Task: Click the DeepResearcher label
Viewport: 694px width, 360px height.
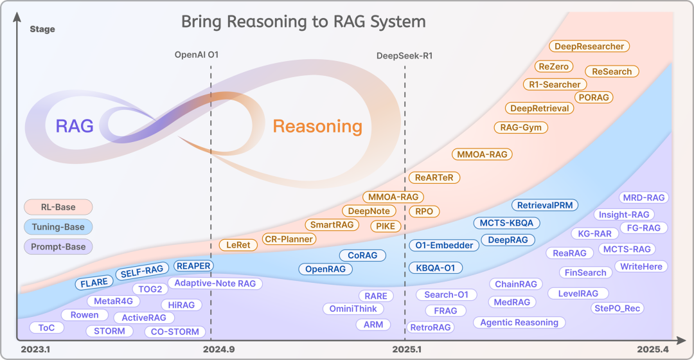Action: point(589,46)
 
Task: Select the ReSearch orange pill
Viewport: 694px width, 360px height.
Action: point(612,71)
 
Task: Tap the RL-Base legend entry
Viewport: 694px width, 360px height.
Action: point(58,207)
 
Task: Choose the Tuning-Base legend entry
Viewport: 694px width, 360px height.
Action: point(58,226)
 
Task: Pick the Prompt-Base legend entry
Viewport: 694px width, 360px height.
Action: point(58,246)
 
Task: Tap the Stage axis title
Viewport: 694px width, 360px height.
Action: point(42,29)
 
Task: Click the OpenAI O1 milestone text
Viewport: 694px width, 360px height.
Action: point(197,55)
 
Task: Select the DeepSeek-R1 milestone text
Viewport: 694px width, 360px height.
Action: point(404,55)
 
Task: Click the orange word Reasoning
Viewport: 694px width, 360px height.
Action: point(317,126)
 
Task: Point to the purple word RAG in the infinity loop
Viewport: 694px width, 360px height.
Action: point(75,126)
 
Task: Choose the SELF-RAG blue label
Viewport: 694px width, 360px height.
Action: point(143,273)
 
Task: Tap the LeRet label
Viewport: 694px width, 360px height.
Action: point(238,245)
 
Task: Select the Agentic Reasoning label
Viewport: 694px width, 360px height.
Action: point(519,322)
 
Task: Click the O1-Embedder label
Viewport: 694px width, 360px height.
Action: point(443,245)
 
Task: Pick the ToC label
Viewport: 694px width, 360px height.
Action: point(46,327)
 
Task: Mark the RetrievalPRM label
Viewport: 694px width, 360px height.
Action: point(545,205)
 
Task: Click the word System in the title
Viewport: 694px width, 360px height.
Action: point(398,22)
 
